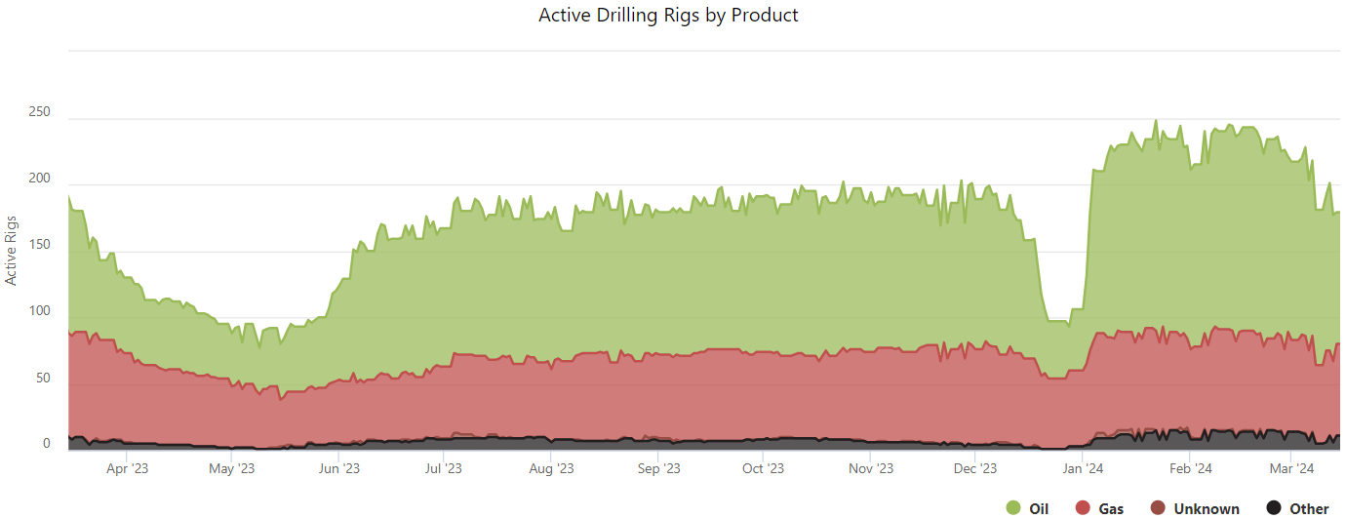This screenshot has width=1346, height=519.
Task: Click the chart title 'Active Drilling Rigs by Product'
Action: click(x=668, y=16)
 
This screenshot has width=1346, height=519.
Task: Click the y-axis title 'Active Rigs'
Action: click(x=12, y=250)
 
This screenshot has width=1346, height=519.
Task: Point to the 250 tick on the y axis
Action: click(x=40, y=112)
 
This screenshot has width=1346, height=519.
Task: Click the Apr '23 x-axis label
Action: click(x=127, y=469)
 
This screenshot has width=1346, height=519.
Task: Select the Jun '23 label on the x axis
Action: click(x=338, y=469)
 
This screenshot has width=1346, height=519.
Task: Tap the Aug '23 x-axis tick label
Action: click(x=551, y=469)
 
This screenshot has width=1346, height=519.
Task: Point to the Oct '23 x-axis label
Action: click(x=763, y=469)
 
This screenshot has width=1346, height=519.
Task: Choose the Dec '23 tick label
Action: click(x=975, y=469)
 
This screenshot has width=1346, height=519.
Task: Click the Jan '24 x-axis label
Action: click(x=1081, y=469)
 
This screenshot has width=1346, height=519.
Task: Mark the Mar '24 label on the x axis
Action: click(x=1292, y=469)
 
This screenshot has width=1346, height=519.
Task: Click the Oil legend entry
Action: click(x=1038, y=508)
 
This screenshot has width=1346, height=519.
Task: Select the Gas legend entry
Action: click(x=1111, y=508)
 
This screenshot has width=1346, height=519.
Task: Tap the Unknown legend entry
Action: click(x=1207, y=508)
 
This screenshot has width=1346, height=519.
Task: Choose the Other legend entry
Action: click(x=1309, y=508)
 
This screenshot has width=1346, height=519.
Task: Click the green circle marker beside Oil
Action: click(x=1013, y=507)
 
